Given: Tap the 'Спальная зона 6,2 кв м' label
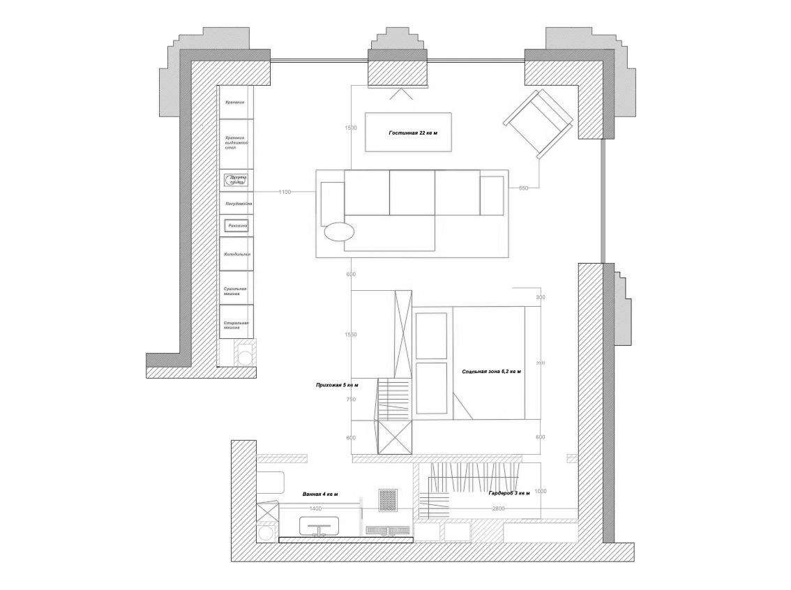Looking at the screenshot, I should tap(492, 372).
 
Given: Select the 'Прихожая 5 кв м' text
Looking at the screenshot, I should tap(337, 384).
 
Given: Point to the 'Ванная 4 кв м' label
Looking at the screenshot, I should tap(320, 494).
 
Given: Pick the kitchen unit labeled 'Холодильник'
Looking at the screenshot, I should tap(237, 255).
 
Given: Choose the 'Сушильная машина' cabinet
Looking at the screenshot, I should tap(237, 291).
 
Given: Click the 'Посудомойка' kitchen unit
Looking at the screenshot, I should tap(237, 204).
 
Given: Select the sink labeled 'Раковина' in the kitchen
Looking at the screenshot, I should tap(237, 226).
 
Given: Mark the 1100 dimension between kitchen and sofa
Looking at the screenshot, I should tap(285, 192).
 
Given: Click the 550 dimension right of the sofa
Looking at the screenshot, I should tap(524, 188).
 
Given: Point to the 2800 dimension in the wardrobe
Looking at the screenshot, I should tap(498, 509).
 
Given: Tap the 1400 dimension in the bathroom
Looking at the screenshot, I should tap(315, 508).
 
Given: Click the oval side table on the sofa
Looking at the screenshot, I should tap(339, 231).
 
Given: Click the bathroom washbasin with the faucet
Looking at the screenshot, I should tap(320, 526).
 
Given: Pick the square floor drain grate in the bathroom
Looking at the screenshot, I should tap(388, 499).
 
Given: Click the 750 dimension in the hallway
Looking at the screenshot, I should tap(351, 400).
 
